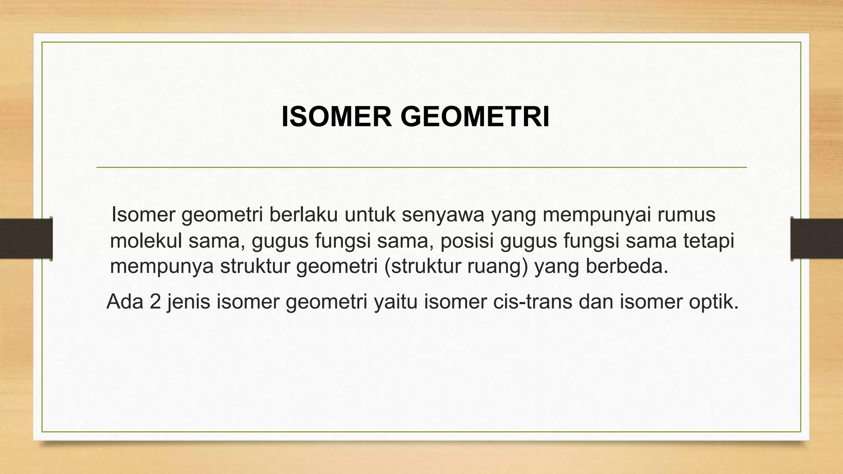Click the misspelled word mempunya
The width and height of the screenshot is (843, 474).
[162, 267]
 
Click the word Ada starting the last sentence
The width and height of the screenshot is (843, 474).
[125, 302]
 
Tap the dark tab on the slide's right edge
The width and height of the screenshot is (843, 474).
[817, 239]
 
